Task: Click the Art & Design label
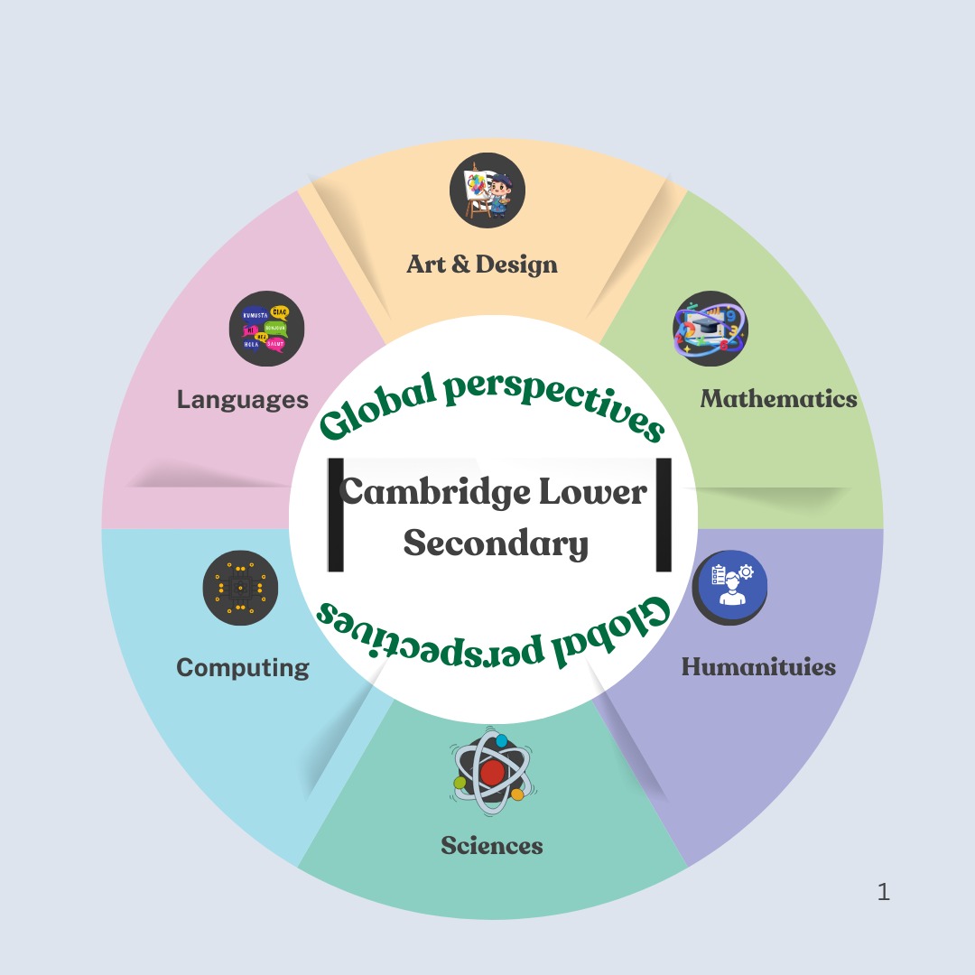point(482,265)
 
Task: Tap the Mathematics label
point(778,398)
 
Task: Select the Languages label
point(243,399)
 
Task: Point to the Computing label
point(243,668)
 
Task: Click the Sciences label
point(492,846)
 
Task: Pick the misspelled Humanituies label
point(758,667)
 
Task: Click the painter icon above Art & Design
point(487,190)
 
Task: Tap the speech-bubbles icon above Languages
point(266,329)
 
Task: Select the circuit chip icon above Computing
point(240,588)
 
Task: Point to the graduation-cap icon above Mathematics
point(710,329)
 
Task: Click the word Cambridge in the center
point(434,492)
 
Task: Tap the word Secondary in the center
point(496,544)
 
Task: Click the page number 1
point(883,893)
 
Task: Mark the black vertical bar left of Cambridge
point(335,515)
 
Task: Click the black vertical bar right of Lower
point(664,515)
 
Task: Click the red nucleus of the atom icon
point(492,773)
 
